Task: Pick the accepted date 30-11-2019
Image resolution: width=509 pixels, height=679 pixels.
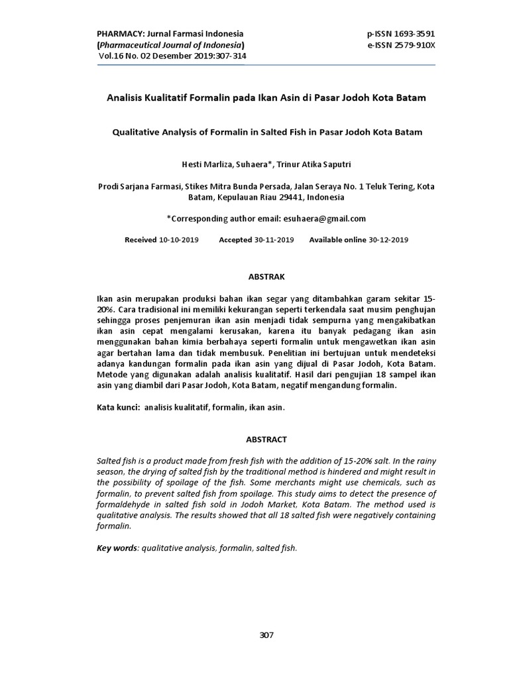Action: coord(274,239)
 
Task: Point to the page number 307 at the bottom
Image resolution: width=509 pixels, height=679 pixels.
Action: coord(266,635)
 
